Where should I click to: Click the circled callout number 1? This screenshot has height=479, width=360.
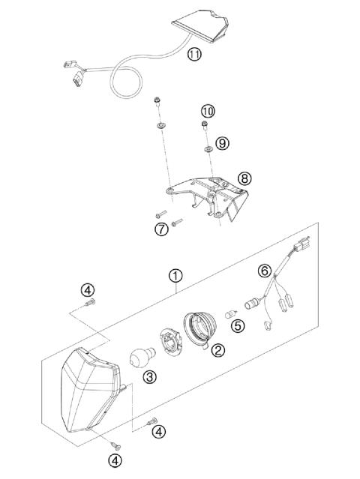pyautogui.click(x=175, y=276)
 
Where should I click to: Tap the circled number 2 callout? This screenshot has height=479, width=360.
pyautogui.click(x=218, y=350)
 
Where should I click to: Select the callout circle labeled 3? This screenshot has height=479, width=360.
pyautogui.click(x=150, y=378)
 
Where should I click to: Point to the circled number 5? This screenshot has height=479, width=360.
pyautogui.click(x=237, y=326)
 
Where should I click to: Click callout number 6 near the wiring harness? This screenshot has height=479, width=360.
pyautogui.click(x=264, y=269)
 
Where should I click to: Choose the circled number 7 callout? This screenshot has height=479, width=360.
pyautogui.click(x=161, y=229)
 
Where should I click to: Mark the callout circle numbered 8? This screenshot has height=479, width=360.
pyautogui.click(x=244, y=178)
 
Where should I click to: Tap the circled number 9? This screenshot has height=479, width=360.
pyautogui.click(x=220, y=142)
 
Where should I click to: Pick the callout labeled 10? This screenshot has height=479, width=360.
pyautogui.click(x=208, y=111)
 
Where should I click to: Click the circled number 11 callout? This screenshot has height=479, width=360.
pyautogui.click(x=194, y=54)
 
